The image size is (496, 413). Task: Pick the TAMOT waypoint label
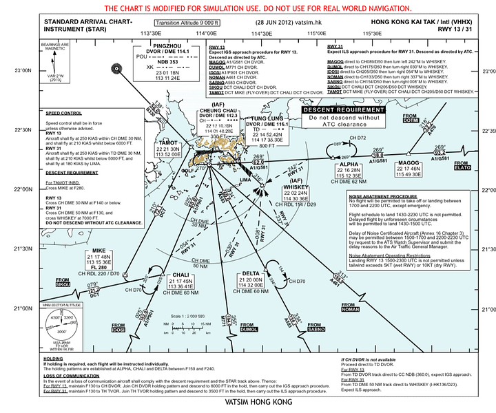click(168, 143)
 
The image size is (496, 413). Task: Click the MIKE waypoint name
click(99, 250)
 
